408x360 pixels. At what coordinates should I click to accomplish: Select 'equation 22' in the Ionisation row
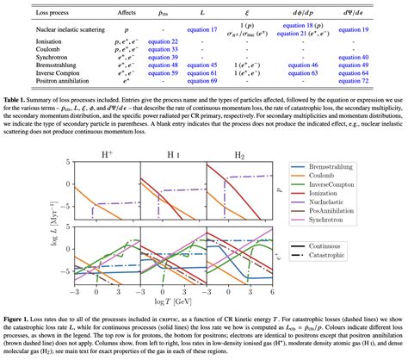click(163, 41)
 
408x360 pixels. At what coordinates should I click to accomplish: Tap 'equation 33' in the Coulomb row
click(163, 49)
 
